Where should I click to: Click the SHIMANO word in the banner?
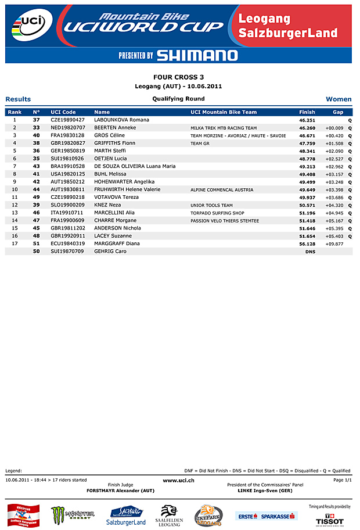tap(197, 55)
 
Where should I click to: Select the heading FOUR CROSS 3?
tap(178, 77)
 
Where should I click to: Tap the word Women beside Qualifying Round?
tap(339, 99)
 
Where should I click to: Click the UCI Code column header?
tap(63, 112)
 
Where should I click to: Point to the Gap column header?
tap(338, 112)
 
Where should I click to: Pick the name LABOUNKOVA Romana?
tap(121, 120)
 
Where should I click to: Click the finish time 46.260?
tap(307, 128)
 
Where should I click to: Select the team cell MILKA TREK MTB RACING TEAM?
tap(224, 128)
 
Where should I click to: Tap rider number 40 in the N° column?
tap(36, 135)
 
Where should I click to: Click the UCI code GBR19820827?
tap(68, 143)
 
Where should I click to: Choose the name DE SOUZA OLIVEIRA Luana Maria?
tap(135, 166)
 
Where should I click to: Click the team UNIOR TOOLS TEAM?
tap(211, 205)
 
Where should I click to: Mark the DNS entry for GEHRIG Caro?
tap(310, 252)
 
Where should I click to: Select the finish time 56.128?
tap(307, 244)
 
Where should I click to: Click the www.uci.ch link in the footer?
tap(178, 480)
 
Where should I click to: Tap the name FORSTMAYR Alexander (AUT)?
tap(121, 491)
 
